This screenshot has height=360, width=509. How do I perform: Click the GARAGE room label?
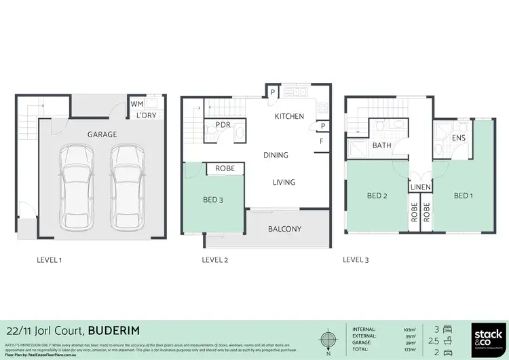pos(102,134)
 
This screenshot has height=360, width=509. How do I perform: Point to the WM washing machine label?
pos(137,105)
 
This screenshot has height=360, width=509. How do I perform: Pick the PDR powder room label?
pos(224,125)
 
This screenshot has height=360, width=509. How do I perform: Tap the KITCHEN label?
pos(289,117)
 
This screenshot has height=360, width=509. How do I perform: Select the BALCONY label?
pos(284,229)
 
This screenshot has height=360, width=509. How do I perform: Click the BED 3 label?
pos(213,200)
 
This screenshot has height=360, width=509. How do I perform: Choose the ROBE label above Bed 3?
pos(225,168)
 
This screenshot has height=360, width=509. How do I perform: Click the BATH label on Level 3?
pos(381,145)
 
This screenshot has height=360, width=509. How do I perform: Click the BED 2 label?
pos(377,196)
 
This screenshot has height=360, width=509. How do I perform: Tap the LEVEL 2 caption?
pos(215,259)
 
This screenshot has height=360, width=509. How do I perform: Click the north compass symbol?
pos(328,338)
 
